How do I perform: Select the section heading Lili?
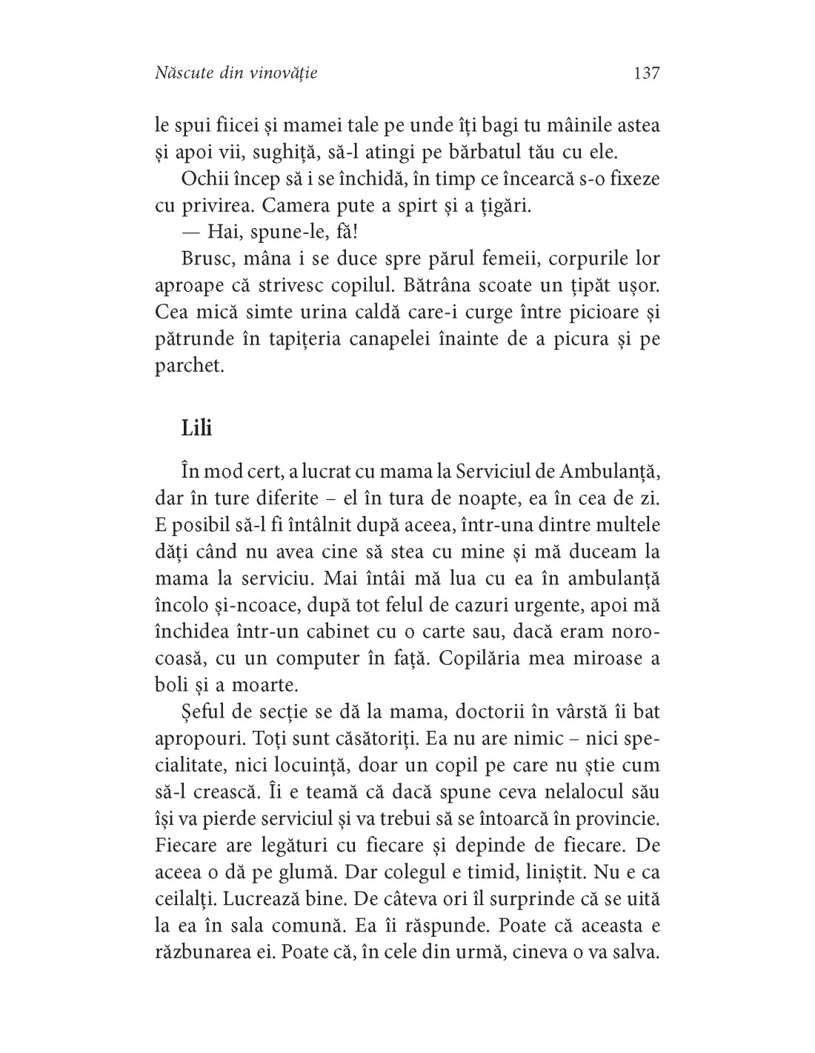click(x=196, y=428)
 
